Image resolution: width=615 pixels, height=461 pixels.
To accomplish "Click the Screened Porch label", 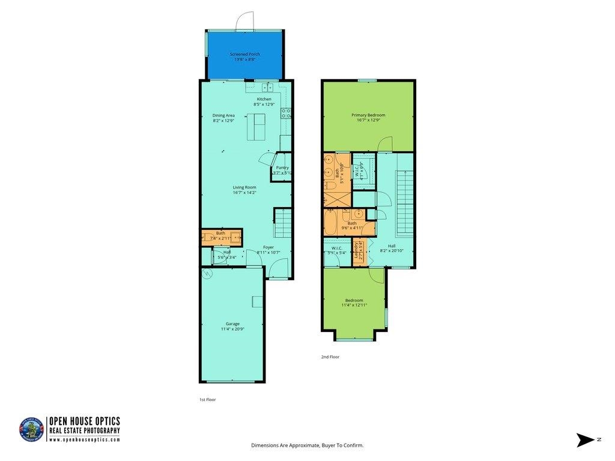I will click(245, 54).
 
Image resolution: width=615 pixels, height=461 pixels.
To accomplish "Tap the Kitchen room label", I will click(264, 99).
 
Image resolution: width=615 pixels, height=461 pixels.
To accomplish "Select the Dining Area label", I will click(223, 115).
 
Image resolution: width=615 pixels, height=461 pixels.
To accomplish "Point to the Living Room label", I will click(244, 187).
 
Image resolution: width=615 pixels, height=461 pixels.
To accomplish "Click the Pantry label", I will click(282, 167).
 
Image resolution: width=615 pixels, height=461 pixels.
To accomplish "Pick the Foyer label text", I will click(268, 247).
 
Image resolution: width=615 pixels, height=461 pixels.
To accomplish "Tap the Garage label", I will click(232, 324).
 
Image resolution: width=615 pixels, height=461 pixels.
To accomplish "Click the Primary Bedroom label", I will click(368, 115).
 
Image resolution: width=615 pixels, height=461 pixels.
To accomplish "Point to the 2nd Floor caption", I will click(330, 357).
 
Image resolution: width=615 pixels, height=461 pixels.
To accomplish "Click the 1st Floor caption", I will click(207, 399).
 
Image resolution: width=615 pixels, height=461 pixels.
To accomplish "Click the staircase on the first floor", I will click(282, 223).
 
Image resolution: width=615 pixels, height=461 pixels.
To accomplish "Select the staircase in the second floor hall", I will click(405, 203).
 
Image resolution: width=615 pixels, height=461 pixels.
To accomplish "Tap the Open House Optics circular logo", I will click(32, 430).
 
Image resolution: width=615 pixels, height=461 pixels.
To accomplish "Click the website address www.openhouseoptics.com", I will click(84, 439).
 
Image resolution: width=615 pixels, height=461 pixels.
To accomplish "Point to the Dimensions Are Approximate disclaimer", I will click(307, 445).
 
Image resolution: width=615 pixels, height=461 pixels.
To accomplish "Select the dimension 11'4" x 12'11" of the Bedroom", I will click(354, 305).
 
